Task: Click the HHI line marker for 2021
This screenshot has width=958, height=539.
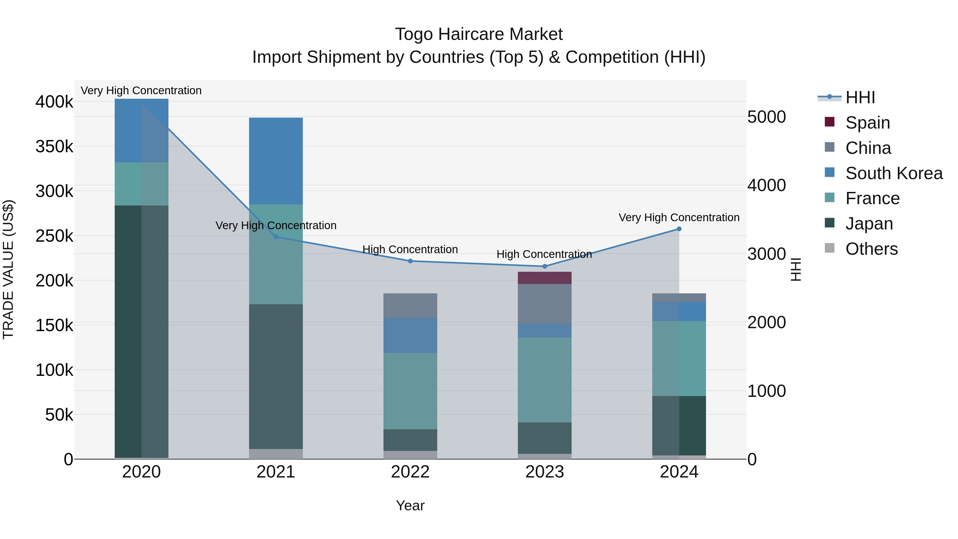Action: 276,237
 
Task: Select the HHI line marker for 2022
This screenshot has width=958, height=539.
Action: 410,261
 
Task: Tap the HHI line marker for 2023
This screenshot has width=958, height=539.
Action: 545,266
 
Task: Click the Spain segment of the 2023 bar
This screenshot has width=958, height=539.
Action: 545,278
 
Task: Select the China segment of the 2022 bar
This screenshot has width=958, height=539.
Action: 410,305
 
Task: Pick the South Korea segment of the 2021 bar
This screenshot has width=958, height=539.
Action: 276,161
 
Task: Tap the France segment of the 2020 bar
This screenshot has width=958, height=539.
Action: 141,184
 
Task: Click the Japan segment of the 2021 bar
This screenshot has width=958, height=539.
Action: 276,376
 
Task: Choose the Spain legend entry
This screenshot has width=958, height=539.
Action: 867,123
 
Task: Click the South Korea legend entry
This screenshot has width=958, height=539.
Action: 894,173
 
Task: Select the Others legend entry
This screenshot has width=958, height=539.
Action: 871,249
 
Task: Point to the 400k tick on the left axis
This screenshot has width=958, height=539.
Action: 54,102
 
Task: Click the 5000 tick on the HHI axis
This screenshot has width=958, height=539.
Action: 766,117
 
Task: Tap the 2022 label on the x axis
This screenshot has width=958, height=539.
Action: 410,472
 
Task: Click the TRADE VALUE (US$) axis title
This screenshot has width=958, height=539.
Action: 8,269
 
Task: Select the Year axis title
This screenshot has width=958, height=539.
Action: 410,505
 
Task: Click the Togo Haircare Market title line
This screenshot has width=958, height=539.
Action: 479,34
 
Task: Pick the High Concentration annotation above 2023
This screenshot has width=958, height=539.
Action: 544,254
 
